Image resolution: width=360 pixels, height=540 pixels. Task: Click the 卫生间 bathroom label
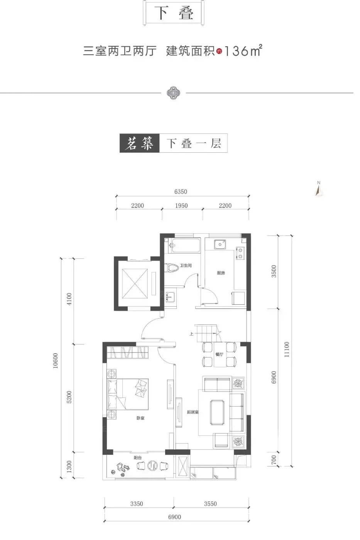point(186,265)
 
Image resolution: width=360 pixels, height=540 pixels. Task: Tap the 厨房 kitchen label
point(221,273)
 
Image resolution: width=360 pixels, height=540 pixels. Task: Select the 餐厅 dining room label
point(219,354)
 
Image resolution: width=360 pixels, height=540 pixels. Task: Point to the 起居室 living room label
point(193,412)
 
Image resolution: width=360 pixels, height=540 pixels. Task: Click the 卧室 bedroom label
point(140,418)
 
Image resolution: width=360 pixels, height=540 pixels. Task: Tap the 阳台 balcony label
point(138,457)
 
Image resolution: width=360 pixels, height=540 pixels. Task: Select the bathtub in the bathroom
point(186,245)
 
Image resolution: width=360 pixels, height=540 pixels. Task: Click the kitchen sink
point(220,244)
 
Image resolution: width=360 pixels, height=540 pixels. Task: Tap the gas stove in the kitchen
point(240,253)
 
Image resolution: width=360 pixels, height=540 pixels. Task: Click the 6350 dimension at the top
point(181,192)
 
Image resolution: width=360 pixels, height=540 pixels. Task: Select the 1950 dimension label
point(181,206)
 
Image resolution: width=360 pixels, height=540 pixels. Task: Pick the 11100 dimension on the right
point(286,349)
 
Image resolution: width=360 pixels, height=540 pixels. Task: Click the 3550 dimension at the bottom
point(210,504)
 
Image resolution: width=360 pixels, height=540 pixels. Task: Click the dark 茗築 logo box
point(139,143)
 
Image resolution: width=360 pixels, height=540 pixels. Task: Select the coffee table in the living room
point(217,412)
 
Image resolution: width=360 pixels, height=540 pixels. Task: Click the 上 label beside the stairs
point(191,334)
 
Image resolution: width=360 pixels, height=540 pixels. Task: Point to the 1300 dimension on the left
point(69,466)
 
